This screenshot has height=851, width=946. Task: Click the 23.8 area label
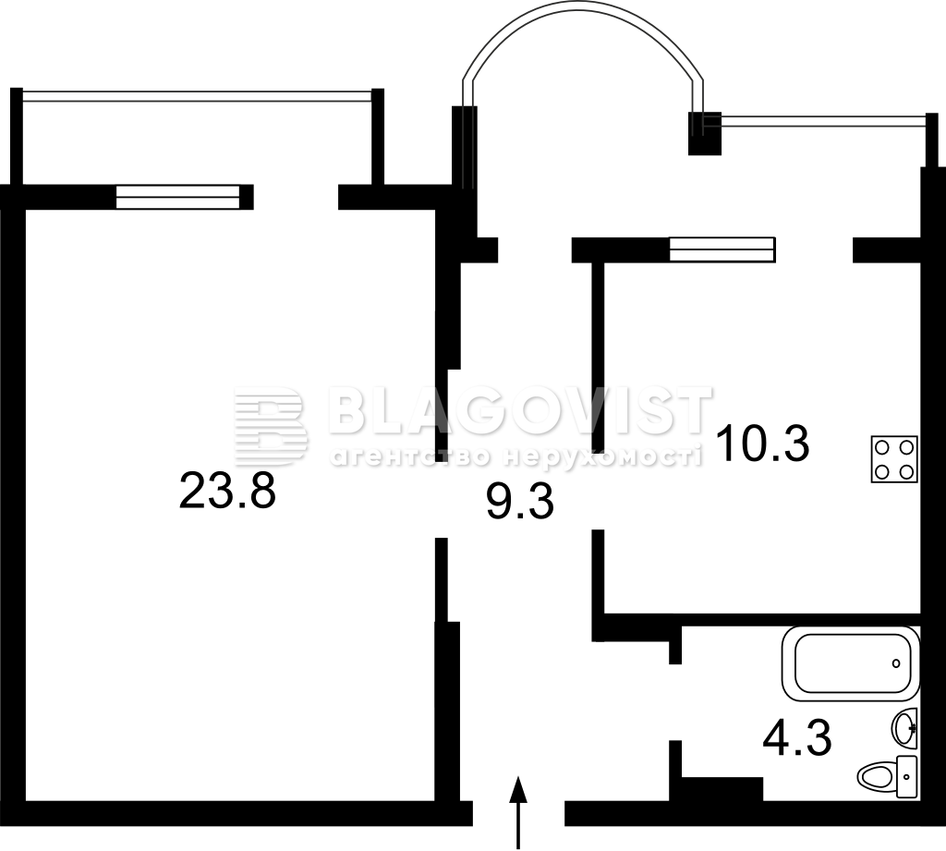[x=227, y=490]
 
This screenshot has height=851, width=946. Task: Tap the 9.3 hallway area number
[x=520, y=502]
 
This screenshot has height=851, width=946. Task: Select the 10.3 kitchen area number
[x=762, y=443]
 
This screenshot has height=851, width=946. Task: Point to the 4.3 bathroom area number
[x=797, y=737]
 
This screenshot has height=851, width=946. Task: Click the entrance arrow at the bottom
[x=518, y=812]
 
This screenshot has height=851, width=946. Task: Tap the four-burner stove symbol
[x=894, y=458]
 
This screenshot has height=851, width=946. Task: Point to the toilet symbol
[x=888, y=776]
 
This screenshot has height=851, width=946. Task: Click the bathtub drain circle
[x=896, y=663]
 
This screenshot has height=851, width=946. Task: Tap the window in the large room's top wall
[x=178, y=197]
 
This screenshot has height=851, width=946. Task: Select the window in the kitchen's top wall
[x=722, y=249]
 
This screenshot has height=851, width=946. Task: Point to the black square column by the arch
[x=705, y=133]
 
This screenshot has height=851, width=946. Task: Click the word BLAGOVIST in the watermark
[x=520, y=410]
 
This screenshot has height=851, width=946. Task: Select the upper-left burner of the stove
[x=882, y=447]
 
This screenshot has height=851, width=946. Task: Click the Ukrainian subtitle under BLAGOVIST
[x=515, y=456]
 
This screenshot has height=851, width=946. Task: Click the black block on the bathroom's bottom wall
[x=722, y=789]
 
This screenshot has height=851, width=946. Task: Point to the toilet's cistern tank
[x=907, y=777]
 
